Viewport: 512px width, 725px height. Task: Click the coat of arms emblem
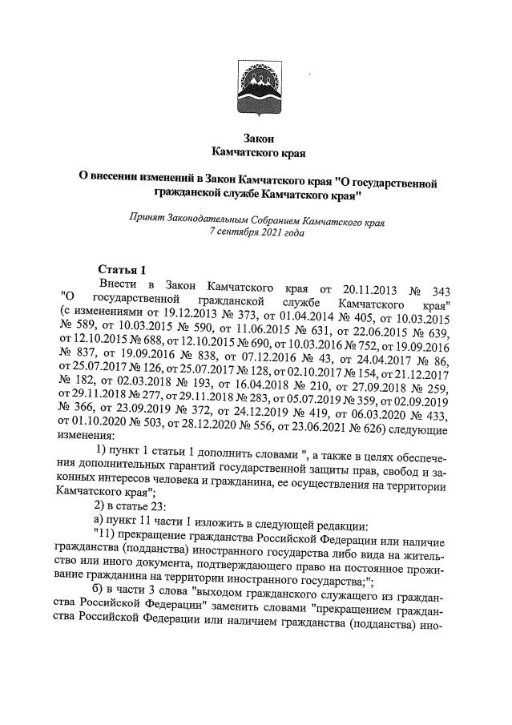click(x=256, y=87)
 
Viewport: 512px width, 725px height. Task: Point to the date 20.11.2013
click(x=366, y=286)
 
